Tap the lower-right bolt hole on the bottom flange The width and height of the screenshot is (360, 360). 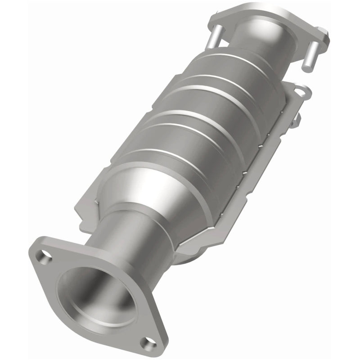click(x=146, y=343)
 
